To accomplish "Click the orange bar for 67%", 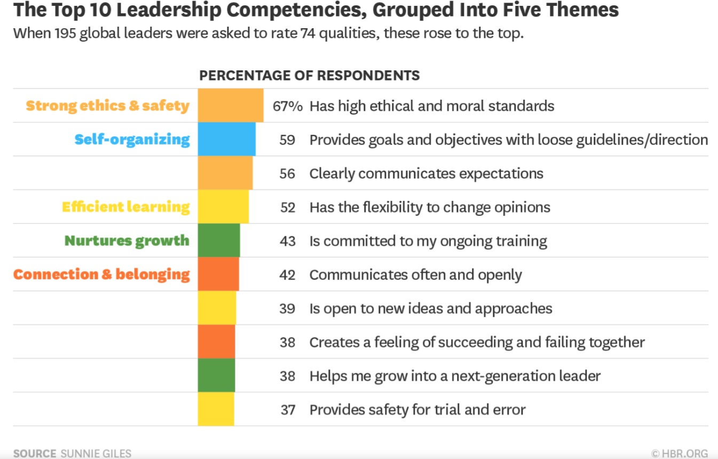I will (230, 106).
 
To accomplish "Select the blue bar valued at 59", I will (226, 139).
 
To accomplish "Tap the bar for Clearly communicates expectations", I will (225, 173).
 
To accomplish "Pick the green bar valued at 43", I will (218, 240).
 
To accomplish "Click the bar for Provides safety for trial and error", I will (216, 409).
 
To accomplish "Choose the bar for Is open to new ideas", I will (217, 308).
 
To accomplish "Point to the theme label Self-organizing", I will (132, 140).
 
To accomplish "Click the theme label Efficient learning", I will (125, 207).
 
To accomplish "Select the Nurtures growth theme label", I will (127, 240).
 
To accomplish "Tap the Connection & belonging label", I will (101, 275).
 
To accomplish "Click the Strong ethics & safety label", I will (107, 106).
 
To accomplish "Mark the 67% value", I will (287, 106).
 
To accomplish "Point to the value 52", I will (287, 207).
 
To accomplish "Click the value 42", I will (287, 275).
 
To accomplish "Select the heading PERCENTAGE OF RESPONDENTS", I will (309, 75).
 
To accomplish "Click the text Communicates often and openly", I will (415, 275).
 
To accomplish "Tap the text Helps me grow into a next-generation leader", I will (455, 376).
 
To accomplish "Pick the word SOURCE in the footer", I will (34, 454).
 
